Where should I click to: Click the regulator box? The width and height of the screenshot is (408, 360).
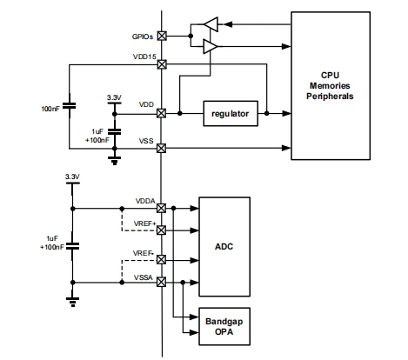pyautogui.click(x=231, y=114)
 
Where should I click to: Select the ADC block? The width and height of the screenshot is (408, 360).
pyautogui.click(x=224, y=247)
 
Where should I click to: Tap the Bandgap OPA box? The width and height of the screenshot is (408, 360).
pyautogui.click(x=224, y=326)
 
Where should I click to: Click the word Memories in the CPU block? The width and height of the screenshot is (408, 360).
pyautogui.click(x=330, y=86)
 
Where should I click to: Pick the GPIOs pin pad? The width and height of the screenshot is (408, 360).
pyautogui.click(x=162, y=36)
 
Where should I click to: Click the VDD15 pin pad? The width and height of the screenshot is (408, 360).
pyautogui.click(x=162, y=64)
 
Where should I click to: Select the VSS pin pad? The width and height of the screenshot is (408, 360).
pyautogui.click(x=161, y=149)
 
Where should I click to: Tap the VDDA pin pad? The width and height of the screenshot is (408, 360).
pyautogui.click(x=161, y=208)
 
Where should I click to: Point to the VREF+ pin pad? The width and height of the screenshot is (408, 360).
pyautogui.click(x=161, y=230)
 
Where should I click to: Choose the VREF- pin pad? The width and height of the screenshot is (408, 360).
pyautogui.click(x=161, y=260)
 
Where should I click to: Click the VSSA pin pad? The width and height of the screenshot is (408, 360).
pyautogui.click(x=161, y=282)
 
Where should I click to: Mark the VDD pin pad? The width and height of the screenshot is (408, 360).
pyautogui.click(x=161, y=113)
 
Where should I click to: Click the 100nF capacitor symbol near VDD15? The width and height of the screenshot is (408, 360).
pyautogui.click(x=70, y=105)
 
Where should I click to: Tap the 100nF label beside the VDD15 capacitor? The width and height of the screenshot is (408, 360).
pyautogui.click(x=50, y=109)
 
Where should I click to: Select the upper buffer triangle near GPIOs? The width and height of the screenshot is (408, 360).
pyautogui.click(x=211, y=24)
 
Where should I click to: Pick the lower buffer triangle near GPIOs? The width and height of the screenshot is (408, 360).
pyautogui.click(x=211, y=46)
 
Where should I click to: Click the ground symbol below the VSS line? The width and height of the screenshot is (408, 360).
pyautogui.click(x=115, y=161)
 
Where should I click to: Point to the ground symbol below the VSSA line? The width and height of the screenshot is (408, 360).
pyautogui.click(x=72, y=302)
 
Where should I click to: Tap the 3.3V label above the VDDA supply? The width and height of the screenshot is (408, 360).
pyautogui.click(x=72, y=177)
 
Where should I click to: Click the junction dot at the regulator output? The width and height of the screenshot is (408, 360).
pyautogui.click(x=266, y=113)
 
